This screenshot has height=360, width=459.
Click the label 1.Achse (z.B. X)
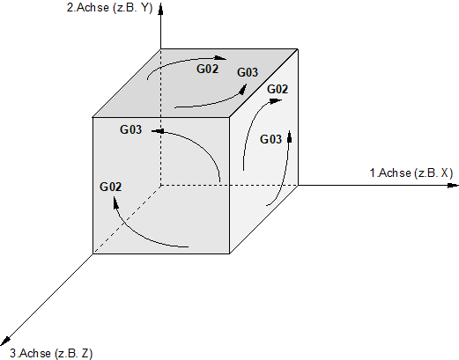coord(411,173)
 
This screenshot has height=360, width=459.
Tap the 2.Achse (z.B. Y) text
coord(110,8)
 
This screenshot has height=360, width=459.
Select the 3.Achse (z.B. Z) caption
coord(51,353)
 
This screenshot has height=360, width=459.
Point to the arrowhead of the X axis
coord(453,185)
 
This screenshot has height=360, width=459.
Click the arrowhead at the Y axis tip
coord(160,9)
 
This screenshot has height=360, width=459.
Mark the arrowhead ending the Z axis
coord(4,341)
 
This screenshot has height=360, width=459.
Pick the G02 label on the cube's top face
coord(207,70)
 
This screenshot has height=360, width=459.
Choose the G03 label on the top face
coord(248,72)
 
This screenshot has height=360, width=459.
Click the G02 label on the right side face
coord(278,89)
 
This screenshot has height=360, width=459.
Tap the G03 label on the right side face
coord(270,139)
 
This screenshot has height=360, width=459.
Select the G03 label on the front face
coord(130,129)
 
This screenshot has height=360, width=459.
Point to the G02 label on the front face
coord(110,187)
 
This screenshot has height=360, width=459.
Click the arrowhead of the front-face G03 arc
coord(158,131)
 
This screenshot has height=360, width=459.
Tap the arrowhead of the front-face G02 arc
coord(115,202)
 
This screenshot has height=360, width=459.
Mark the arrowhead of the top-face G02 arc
coord(220,58)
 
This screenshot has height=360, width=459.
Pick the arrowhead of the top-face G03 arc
coord(243,89)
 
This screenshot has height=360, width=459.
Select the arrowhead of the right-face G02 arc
coord(276,101)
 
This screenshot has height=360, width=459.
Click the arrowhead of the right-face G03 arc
coord(290,136)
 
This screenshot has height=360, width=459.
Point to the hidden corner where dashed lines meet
coord(160,186)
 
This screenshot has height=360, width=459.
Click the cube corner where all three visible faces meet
coord(229,117)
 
